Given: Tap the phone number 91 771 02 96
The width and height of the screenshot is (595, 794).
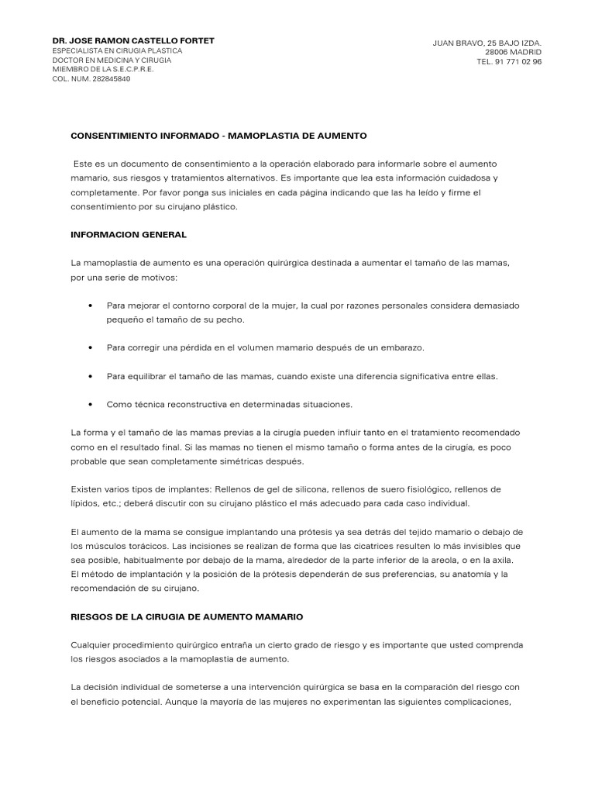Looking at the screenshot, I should click(x=518, y=62).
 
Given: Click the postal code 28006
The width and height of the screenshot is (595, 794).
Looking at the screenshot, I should click(x=497, y=52).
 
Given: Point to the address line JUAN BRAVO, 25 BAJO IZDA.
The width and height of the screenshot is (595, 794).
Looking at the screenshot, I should click(x=487, y=43).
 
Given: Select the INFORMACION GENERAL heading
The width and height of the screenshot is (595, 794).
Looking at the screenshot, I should click(x=129, y=233).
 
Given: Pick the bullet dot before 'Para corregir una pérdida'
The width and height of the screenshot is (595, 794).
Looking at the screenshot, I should click(x=93, y=347).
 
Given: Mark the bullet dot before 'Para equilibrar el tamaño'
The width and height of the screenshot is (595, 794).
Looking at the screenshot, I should click(x=93, y=376).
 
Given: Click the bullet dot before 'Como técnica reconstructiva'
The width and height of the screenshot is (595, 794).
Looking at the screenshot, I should click(x=93, y=404).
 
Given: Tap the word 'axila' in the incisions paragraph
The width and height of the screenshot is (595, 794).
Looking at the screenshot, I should click(x=511, y=559).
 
